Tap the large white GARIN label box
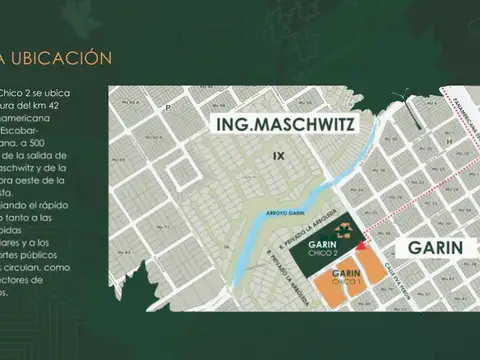(432, 248)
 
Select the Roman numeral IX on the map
(280, 156)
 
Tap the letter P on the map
(169, 106)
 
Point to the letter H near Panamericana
(449, 142)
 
